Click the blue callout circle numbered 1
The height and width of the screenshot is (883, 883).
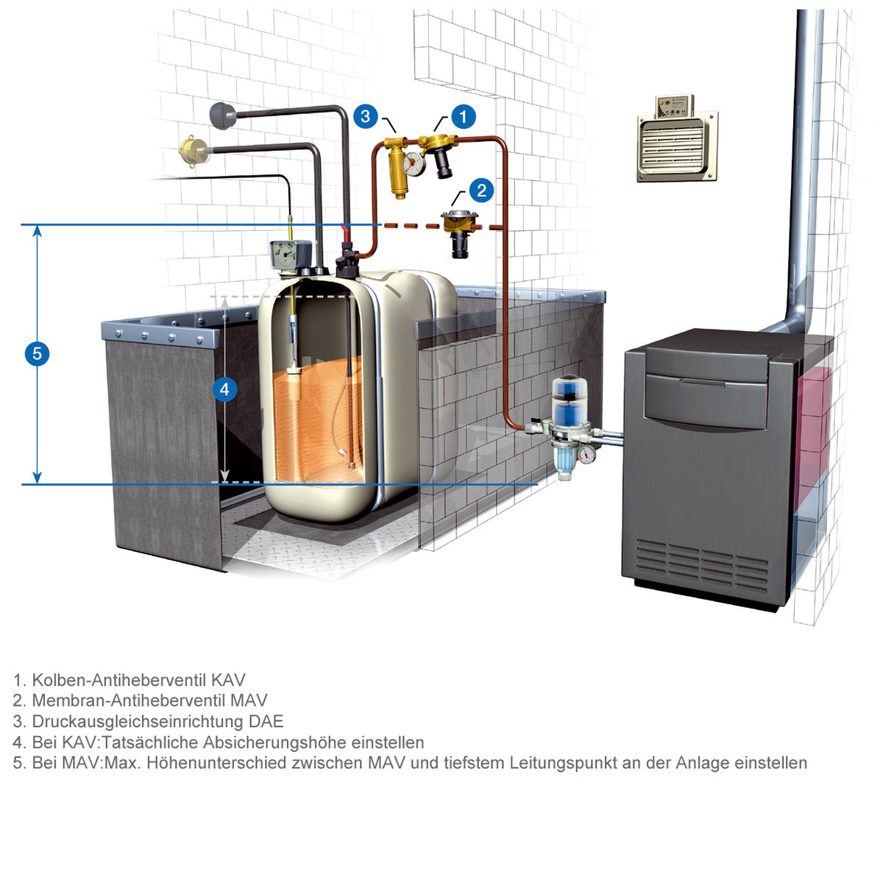tap(464, 116)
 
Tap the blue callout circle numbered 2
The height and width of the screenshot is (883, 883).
tap(481, 190)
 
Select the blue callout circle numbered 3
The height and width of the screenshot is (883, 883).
tap(365, 116)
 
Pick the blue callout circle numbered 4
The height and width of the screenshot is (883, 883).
tap(224, 389)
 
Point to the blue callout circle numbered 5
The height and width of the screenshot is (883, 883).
tap(37, 353)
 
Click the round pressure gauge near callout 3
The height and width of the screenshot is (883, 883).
tap(414, 164)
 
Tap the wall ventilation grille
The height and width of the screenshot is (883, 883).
tap(677, 146)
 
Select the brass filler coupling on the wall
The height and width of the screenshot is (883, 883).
tap(194, 150)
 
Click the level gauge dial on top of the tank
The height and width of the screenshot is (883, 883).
tap(285, 255)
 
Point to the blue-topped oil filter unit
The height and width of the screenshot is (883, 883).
tap(569, 426)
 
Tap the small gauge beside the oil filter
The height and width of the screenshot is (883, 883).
tap(587, 455)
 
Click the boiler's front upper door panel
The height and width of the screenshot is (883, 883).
tap(706, 400)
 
